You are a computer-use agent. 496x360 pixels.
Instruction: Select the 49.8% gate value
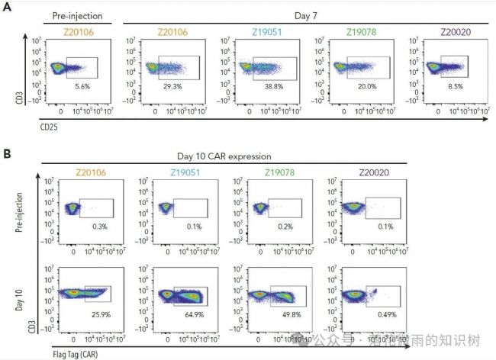click(x=283, y=314)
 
